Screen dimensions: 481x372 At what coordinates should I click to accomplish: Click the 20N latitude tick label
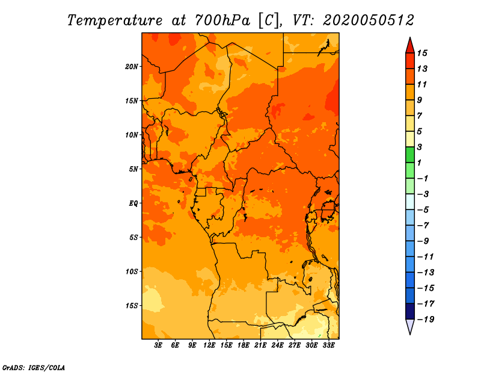coord(132,66)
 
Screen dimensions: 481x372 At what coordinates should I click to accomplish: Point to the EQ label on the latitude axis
coord(133,203)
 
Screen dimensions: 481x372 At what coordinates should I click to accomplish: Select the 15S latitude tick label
coord(132,306)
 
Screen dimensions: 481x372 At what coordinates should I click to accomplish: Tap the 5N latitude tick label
coord(133,169)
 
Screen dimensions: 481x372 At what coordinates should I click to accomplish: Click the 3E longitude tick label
coord(158,346)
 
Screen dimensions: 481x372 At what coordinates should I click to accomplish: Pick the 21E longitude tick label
coord(260,346)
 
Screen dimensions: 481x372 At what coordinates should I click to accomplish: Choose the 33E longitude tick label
coord(328,346)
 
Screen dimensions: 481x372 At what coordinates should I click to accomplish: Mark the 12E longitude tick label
coord(209,346)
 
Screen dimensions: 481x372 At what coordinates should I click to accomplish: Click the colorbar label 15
coord(422,53)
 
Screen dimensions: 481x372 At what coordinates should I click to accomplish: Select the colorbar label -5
coord(423,210)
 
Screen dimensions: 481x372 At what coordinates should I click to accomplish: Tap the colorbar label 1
coord(419,163)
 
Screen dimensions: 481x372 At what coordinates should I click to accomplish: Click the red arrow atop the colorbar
coord(410,46)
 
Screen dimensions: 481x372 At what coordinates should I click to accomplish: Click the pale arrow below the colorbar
coord(410,326)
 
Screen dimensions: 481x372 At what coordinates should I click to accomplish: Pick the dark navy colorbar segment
coord(410,311)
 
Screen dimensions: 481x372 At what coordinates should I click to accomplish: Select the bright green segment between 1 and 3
coord(410,155)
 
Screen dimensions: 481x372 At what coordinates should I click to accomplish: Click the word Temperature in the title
coord(115,20)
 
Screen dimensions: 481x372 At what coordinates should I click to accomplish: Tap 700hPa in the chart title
coord(222,20)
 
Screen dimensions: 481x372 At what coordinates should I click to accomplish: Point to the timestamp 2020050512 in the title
coord(369,20)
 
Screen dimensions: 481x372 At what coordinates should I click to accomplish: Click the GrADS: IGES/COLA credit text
coord(34,368)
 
